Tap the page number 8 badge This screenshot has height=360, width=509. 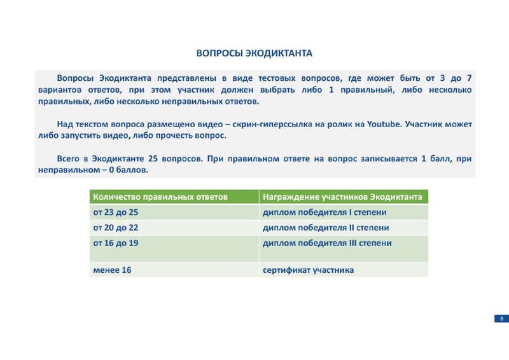click(x=501, y=319)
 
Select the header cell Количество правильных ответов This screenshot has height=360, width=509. click(x=160, y=197)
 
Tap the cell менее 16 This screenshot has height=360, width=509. click(x=112, y=270)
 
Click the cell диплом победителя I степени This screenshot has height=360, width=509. click(x=324, y=212)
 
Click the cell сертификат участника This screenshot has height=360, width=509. click(x=308, y=270)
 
